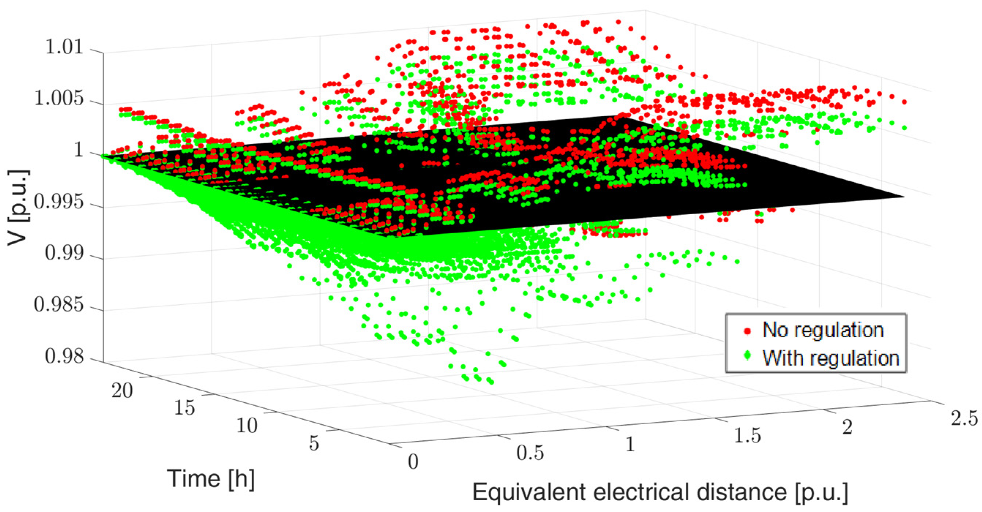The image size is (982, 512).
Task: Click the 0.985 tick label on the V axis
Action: point(59,304)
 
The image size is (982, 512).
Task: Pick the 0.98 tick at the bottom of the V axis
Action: point(64,357)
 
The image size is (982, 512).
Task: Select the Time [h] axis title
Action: point(211,478)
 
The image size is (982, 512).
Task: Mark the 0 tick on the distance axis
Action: point(413,462)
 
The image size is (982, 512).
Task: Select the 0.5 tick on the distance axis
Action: point(530,453)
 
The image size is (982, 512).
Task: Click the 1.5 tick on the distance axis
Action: point(747,435)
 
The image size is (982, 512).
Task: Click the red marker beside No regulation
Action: point(747,331)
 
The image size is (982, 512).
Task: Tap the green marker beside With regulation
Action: point(747,356)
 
